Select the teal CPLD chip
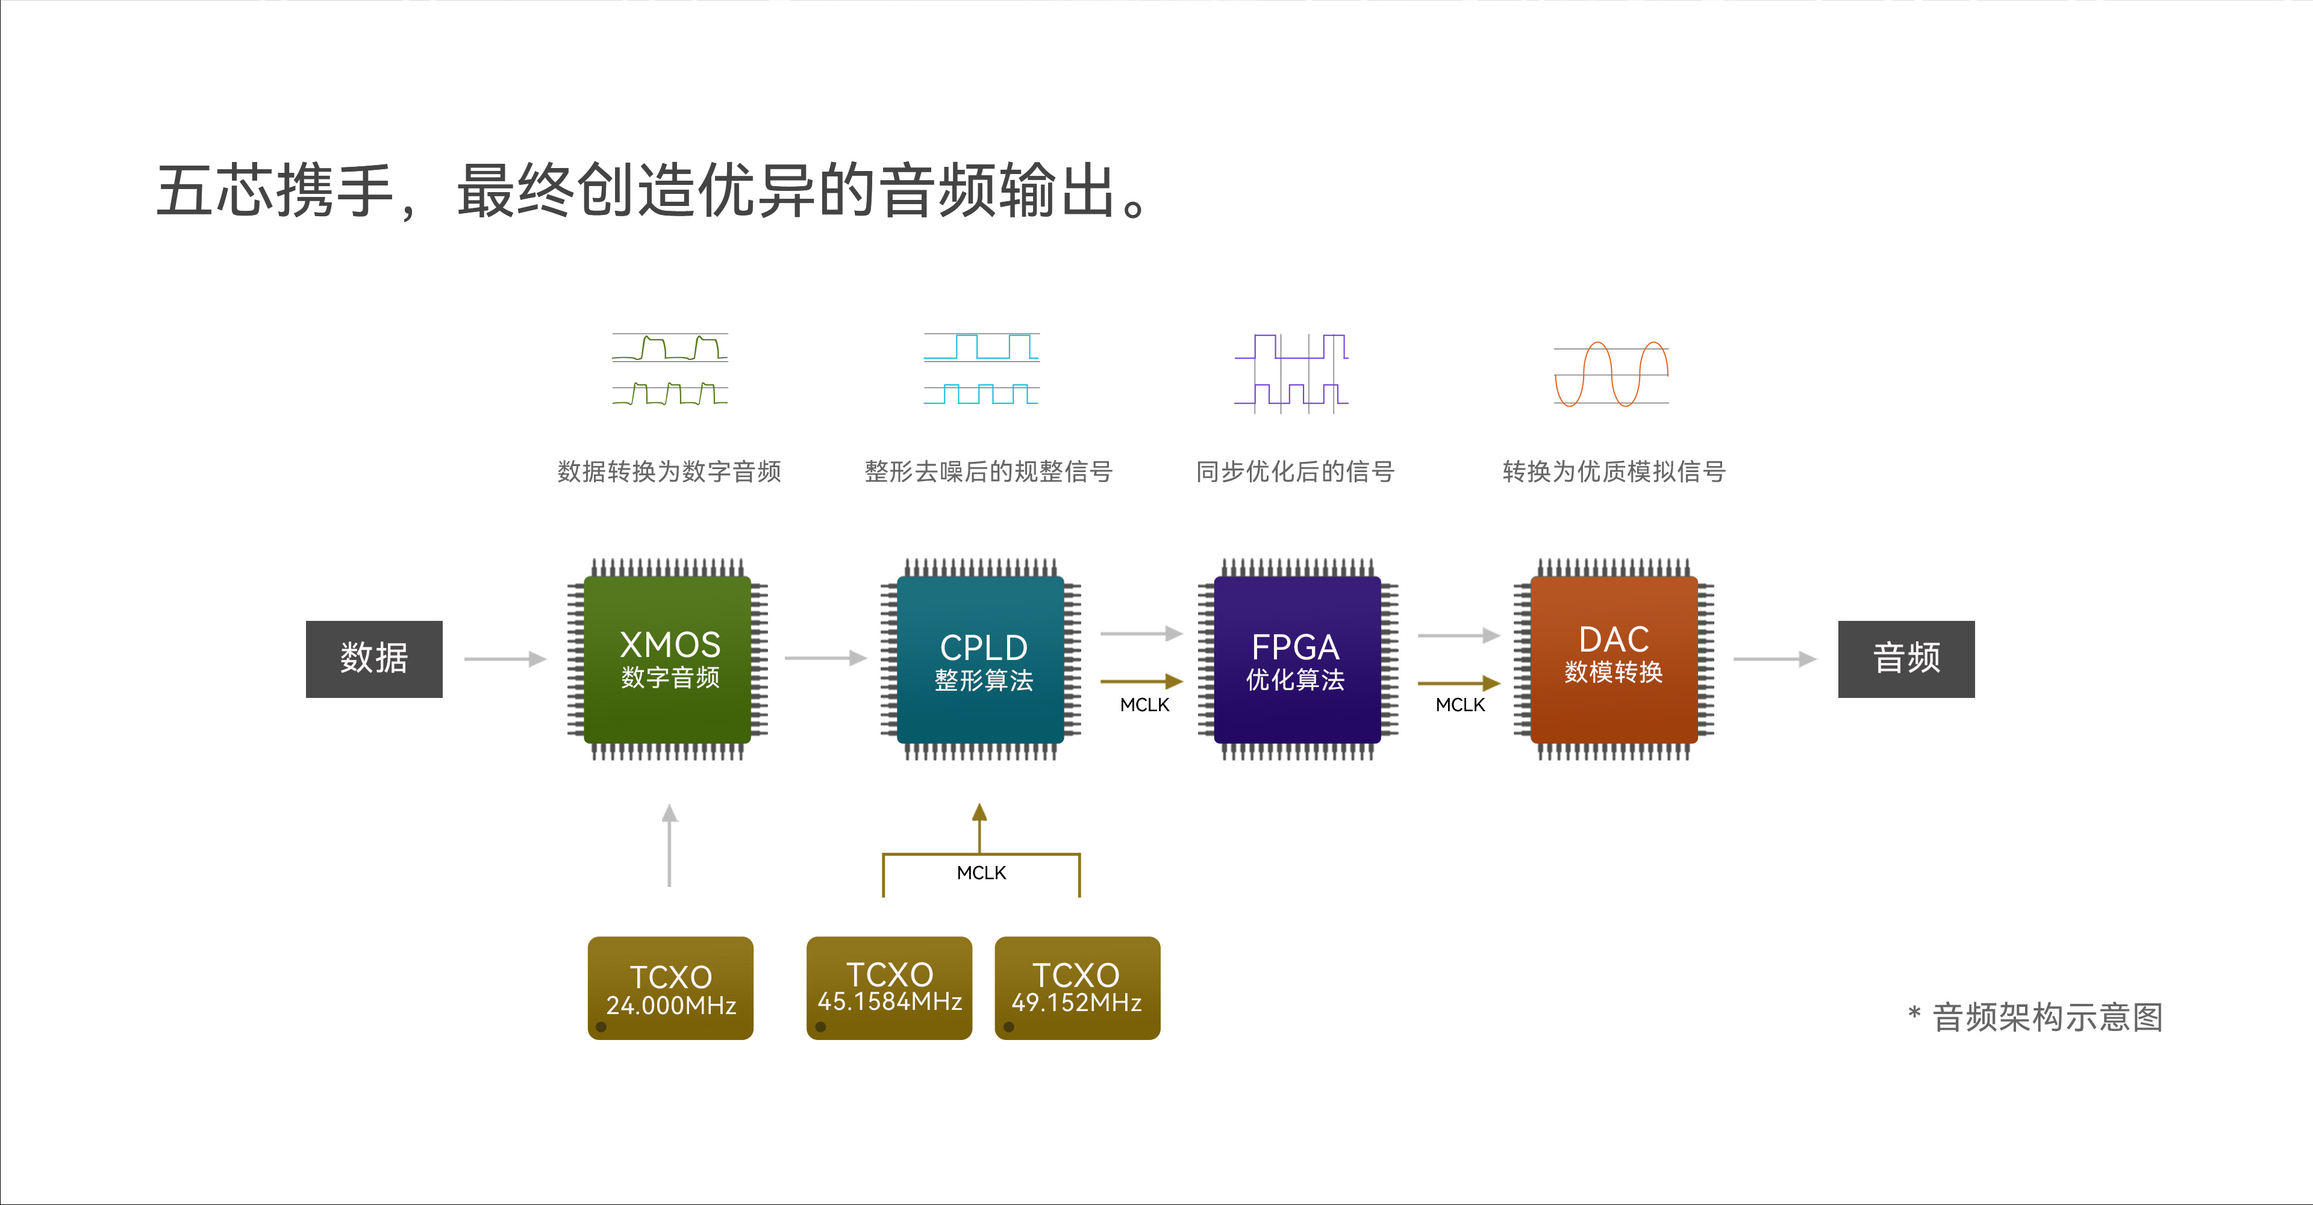[981, 660]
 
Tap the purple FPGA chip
[1297, 660]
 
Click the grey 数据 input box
[373, 658]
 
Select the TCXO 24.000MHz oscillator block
[670, 988]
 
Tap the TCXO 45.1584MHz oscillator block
[889, 987]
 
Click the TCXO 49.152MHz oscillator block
[1076, 987]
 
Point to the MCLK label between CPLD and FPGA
[1144, 705]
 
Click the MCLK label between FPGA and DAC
[1460, 705]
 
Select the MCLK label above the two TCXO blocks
[981, 873]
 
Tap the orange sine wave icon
[1611, 373]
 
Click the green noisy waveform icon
[670, 369]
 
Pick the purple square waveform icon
[1291, 373]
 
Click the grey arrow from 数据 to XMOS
[505, 659]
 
